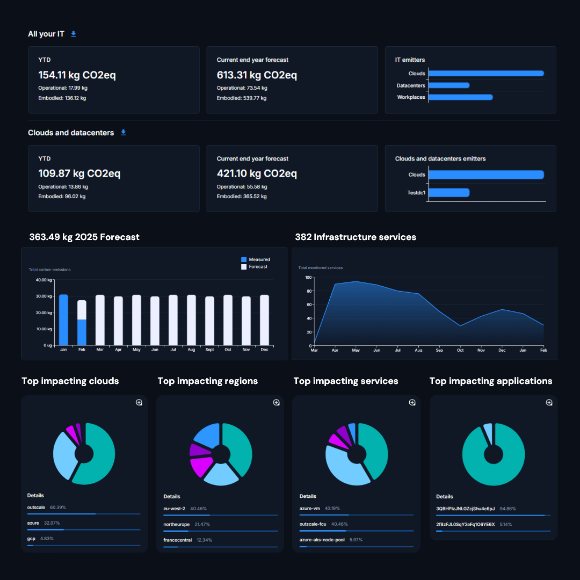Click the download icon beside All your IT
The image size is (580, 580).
point(74,34)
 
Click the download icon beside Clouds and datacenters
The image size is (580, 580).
point(123,132)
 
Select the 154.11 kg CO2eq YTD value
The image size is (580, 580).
point(77,75)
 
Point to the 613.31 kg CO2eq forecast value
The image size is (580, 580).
point(257,75)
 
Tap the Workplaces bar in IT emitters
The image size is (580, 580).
point(460,97)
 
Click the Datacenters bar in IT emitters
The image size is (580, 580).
point(449,85)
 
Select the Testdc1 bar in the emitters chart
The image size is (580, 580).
point(449,192)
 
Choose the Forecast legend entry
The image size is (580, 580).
point(257,267)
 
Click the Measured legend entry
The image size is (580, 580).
point(258,259)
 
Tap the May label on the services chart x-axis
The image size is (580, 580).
point(356,350)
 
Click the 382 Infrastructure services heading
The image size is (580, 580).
point(355,237)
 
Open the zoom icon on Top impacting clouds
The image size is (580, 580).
point(139,402)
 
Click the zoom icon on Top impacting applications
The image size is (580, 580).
point(549,402)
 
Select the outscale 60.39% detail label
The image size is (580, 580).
point(46,507)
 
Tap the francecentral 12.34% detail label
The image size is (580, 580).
point(188,540)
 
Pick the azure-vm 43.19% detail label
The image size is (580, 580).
point(320,508)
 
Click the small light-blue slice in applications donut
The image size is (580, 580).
point(488,433)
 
